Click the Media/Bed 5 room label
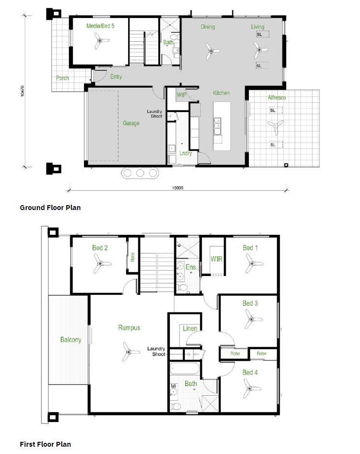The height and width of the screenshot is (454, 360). point(100,26)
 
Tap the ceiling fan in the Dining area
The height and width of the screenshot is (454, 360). point(212,51)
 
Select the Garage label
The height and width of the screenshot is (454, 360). point(131,123)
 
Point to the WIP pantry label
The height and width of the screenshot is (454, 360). point(181,95)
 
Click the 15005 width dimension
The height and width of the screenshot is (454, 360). point(178,188)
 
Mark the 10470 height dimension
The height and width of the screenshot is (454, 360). point(23,91)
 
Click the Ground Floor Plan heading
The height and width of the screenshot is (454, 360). point(50,208)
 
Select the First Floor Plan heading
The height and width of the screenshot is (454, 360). point(45,444)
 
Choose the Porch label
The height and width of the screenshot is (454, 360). point(62,78)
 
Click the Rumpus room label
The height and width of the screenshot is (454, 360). point(129,327)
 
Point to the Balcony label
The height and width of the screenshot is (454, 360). point(71,340)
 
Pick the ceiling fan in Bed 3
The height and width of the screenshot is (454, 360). point(252,319)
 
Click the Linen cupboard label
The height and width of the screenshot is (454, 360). point(190,328)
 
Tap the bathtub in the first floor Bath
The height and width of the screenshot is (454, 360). point(185,369)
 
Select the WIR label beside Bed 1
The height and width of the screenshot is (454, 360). point(216,259)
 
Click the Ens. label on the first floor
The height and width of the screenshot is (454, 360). point(191,267)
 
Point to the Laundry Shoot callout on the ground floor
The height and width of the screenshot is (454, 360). point(155,113)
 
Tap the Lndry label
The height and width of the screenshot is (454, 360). point(186,153)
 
